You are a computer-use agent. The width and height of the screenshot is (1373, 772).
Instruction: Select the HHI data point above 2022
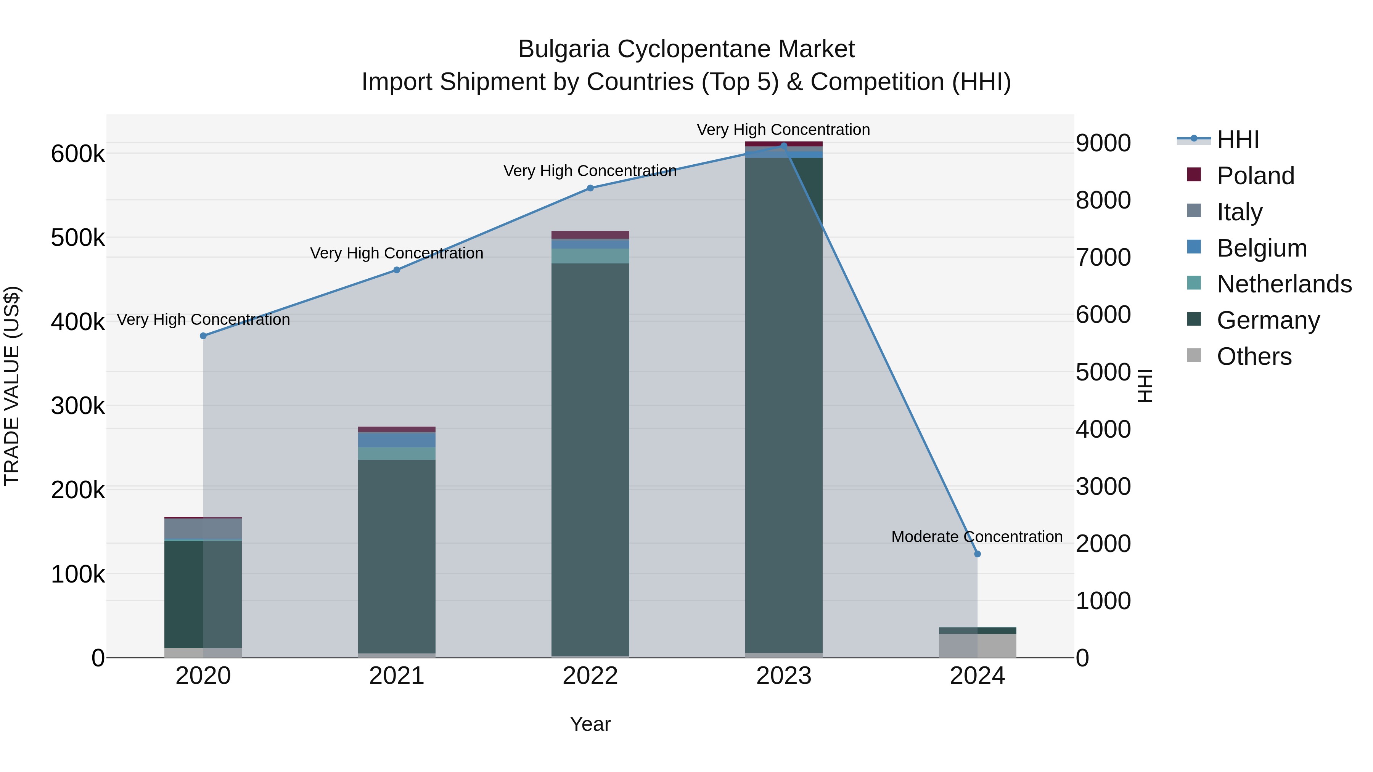click(x=590, y=188)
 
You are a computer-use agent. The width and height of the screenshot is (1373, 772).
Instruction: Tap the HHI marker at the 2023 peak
click(x=783, y=146)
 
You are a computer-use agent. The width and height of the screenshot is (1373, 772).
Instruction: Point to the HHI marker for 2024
click(x=977, y=554)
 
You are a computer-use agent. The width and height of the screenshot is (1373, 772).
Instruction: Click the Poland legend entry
click(x=1255, y=176)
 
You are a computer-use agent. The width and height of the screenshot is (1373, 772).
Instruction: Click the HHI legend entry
click(x=1238, y=140)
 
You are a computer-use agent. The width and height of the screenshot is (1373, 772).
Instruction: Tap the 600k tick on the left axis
click(x=78, y=154)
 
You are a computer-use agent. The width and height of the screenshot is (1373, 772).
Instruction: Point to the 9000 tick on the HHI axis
click(x=1103, y=143)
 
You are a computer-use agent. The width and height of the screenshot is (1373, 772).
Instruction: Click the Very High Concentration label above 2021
click(x=397, y=253)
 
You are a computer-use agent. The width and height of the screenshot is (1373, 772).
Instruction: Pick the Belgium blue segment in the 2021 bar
click(x=397, y=440)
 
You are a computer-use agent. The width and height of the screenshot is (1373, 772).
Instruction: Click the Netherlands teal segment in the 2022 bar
click(x=590, y=256)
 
